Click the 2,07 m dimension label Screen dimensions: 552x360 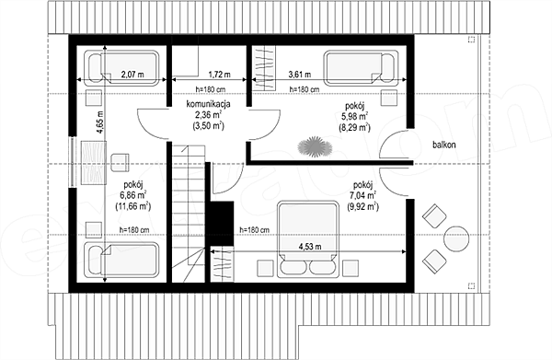point(132,75)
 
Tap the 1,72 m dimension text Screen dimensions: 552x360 point(219,75)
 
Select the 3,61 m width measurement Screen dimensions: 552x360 point(300,75)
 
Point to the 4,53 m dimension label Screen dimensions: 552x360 point(310,247)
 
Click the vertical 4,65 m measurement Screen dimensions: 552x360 point(100,122)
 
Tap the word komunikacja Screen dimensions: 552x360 point(209,104)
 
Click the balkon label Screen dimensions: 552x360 point(444,145)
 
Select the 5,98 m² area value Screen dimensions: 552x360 point(354,115)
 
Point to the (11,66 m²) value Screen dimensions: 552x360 point(133,205)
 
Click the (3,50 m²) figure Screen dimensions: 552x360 point(209,126)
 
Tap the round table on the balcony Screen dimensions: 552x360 point(456,238)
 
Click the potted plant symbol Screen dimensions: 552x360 point(315,146)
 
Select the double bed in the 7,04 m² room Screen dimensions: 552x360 point(307,239)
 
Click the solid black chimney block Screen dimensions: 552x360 point(222,224)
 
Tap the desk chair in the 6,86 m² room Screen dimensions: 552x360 point(121,163)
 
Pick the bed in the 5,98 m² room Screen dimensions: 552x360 point(362,68)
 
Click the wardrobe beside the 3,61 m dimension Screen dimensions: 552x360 point(264,69)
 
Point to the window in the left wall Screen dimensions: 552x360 point(73,161)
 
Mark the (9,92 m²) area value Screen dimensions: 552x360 point(362,206)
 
